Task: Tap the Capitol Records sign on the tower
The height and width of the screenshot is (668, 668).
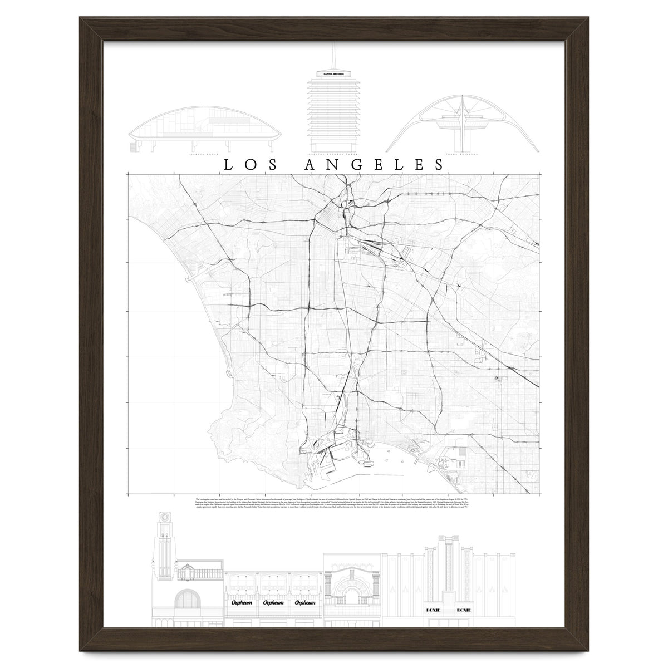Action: pyautogui.click(x=335, y=73)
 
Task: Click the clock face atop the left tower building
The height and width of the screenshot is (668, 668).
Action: pyautogui.click(x=165, y=516)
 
